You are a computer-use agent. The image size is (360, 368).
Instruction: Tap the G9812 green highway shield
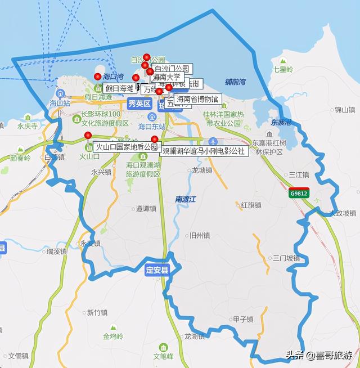pyautogui.click(x=299, y=193)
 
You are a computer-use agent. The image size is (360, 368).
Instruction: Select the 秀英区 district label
pyautogui.click(x=139, y=104)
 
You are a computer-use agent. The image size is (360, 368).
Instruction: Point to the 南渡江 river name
pyautogui.click(x=184, y=199)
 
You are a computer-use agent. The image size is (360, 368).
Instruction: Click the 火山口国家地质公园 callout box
pyautogui.click(x=127, y=146)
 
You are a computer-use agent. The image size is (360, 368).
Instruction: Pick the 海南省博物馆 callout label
pyautogui.click(x=197, y=99)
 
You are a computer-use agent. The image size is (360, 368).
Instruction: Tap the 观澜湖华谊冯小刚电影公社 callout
pyautogui.click(x=204, y=151)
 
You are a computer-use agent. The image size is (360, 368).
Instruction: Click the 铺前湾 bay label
pyautogui.click(x=235, y=82)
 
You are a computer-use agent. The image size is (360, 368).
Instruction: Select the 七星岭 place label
pyautogui.click(x=283, y=69)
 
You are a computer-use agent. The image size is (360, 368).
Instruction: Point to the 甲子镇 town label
pyautogui.click(x=243, y=320)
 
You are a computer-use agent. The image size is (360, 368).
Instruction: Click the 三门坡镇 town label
pyautogui.click(x=286, y=258)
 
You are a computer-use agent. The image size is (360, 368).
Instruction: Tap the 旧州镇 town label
pyautogui.click(x=200, y=235)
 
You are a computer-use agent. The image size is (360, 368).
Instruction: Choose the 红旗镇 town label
pyautogui.click(x=251, y=205)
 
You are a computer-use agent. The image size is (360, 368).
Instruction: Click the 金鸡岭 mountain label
pyautogui.click(x=112, y=336)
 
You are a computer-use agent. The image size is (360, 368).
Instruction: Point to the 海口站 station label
pyautogui.click(x=60, y=104)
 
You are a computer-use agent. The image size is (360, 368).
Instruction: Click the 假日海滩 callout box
pyautogui.click(x=119, y=88)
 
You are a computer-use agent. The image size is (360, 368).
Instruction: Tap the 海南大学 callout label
pyautogui.click(x=168, y=77)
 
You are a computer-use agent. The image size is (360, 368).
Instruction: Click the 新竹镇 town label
pyautogui.click(x=97, y=312)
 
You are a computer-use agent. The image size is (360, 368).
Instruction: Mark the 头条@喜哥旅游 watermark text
pyautogui.click(x=318, y=355)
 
